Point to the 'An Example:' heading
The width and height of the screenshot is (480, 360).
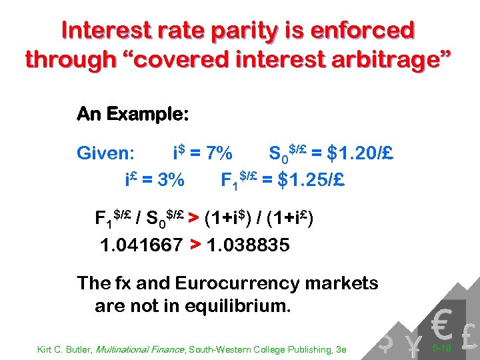(133, 114)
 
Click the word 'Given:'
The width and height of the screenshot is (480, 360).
(107, 154)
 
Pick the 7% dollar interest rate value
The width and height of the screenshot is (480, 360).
(217, 154)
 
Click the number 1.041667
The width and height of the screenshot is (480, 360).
(141, 245)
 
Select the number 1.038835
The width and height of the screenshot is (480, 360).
(249, 245)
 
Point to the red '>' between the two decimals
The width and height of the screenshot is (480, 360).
(195, 245)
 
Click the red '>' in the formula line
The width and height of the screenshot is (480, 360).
(193, 218)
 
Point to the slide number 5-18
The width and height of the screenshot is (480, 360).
(442, 348)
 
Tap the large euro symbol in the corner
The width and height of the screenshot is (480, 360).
(441, 323)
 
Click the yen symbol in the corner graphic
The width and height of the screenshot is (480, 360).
(414, 343)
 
